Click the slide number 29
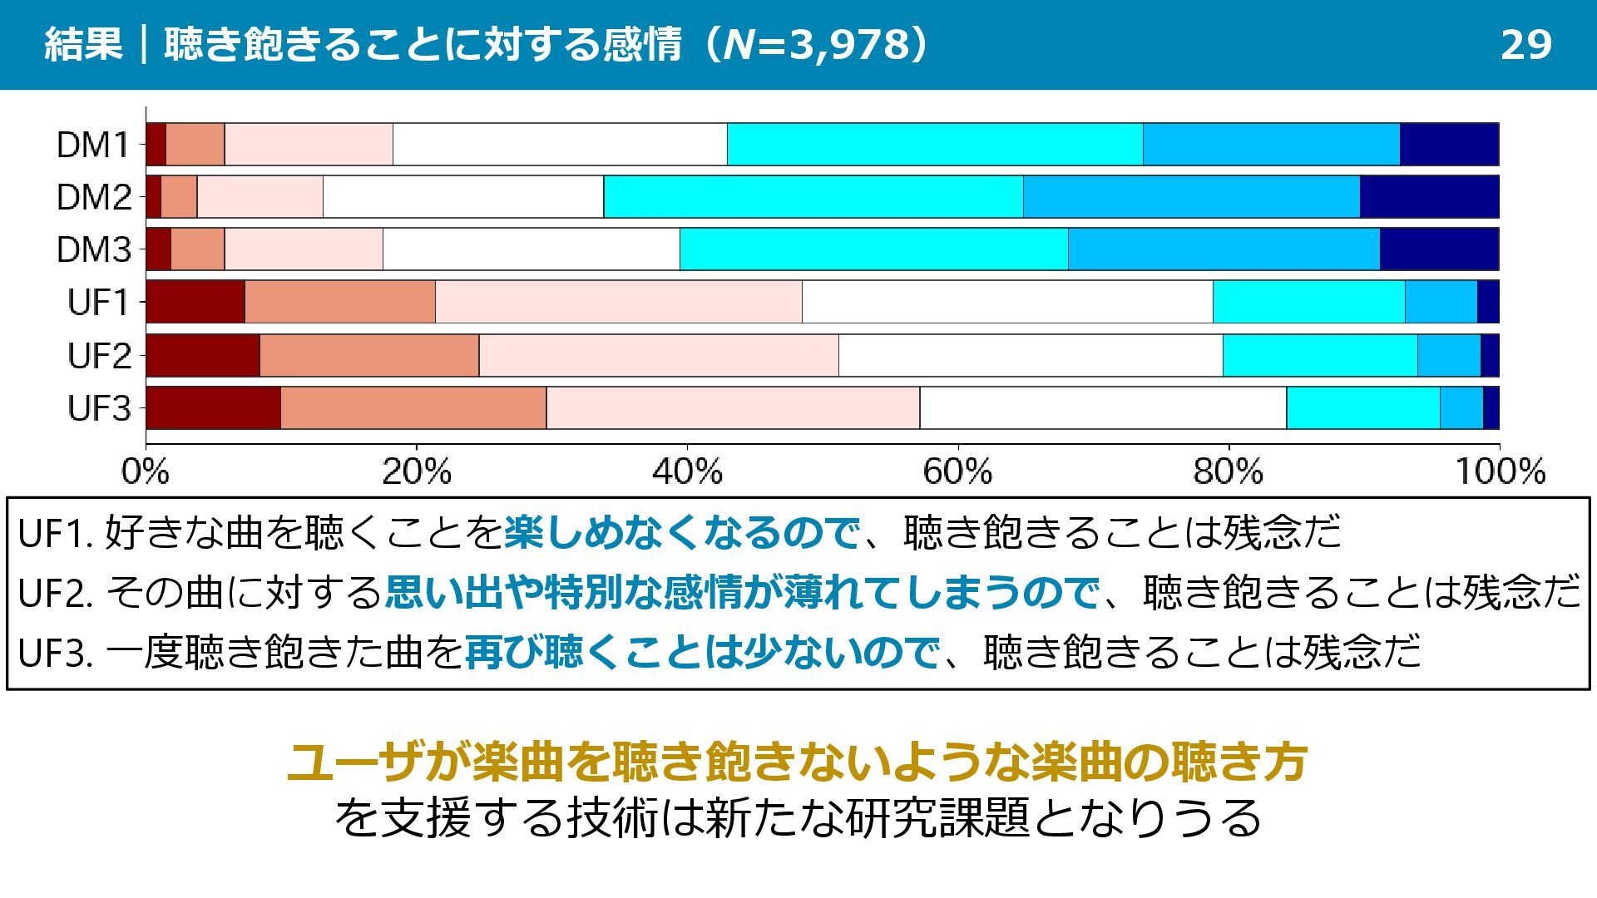pos(1525,44)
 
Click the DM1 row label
pos(93,145)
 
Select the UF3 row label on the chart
pos(99,408)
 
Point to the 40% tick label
pos(686,472)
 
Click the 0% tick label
pos(146,472)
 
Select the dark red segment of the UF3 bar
pos(213,408)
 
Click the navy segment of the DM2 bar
pos(1429,197)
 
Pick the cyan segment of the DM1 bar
pos(934,145)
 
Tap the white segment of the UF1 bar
pos(1007,302)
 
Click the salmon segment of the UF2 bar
pos(368,356)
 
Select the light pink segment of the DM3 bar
pos(304,249)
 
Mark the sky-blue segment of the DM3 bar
pos(1224,249)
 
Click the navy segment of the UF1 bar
pos(1488,302)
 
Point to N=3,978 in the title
pos(817,44)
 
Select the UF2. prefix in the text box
pos(54,593)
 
